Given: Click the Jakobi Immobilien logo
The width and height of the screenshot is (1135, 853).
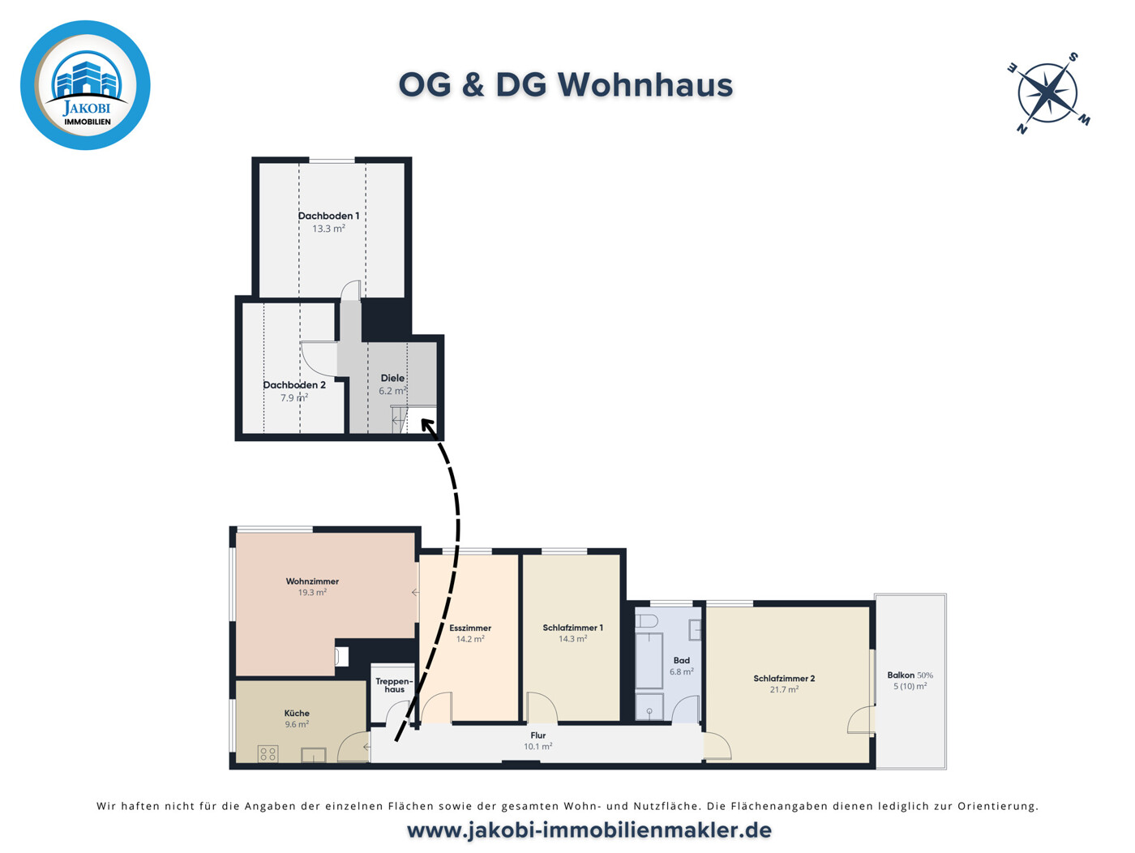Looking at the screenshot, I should (85, 85).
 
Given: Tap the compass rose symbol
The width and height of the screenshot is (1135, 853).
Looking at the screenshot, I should (1047, 92).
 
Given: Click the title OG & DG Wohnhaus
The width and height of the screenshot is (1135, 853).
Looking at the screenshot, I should (565, 85).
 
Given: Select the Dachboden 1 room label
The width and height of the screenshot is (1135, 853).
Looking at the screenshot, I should (328, 216).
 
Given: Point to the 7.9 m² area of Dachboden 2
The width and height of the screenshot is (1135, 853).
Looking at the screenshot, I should (294, 398).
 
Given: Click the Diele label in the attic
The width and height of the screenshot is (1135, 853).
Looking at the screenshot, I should (392, 378).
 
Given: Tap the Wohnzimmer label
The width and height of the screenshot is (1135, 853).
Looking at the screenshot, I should (312, 581).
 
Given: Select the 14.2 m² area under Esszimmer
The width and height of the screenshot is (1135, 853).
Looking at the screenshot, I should (470, 639).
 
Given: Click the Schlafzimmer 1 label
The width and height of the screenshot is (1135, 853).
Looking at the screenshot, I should (572, 628).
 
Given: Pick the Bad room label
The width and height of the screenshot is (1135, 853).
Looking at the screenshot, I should (681, 660).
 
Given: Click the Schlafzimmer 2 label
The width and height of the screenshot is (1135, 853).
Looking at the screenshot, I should (784, 679).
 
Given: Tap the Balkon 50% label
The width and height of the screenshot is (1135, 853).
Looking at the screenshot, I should (910, 675).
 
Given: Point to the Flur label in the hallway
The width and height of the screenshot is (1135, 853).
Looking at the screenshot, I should (538, 735).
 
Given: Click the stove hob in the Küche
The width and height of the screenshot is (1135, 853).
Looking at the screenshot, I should (268, 754).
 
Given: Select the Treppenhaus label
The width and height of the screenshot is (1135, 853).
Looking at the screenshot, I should (394, 685).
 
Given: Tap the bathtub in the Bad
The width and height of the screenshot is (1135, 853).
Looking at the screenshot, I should (649, 660).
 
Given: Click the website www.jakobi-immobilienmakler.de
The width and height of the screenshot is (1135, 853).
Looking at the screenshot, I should (589, 830).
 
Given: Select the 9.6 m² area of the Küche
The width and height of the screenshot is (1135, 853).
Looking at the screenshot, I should (296, 725).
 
